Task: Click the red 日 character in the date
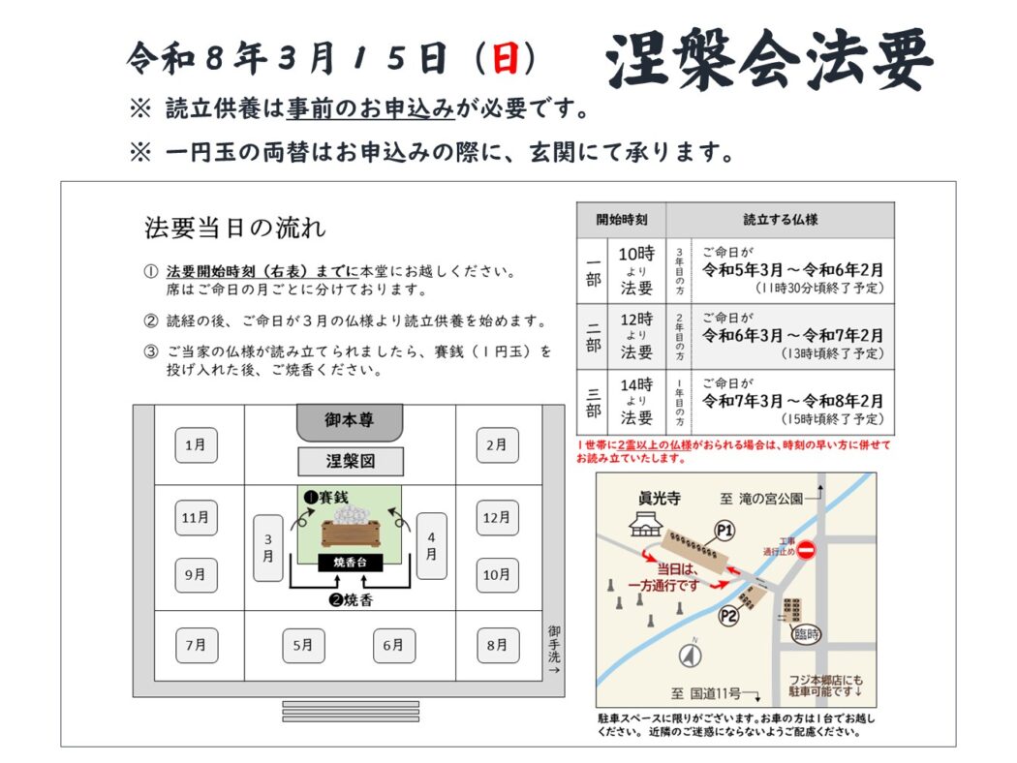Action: tap(506, 58)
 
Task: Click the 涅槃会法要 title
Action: tap(770, 59)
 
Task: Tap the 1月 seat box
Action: tap(196, 445)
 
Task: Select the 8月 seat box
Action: tap(498, 645)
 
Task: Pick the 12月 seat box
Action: tap(497, 518)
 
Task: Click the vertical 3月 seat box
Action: tap(268, 548)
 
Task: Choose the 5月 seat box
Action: tap(303, 646)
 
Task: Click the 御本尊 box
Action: tap(350, 422)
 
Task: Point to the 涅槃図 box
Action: tap(351, 462)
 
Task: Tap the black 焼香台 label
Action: tap(351, 563)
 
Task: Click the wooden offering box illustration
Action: tap(350, 532)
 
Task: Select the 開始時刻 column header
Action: tap(621, 220)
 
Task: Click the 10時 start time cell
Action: tap(636, 270)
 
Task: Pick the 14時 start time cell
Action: tap(636, 401)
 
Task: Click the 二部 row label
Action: tap(593, 336)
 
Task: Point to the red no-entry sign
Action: tap(806, 550)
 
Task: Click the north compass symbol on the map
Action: tap(690, 656)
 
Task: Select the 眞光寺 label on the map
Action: tap(660, 498)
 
